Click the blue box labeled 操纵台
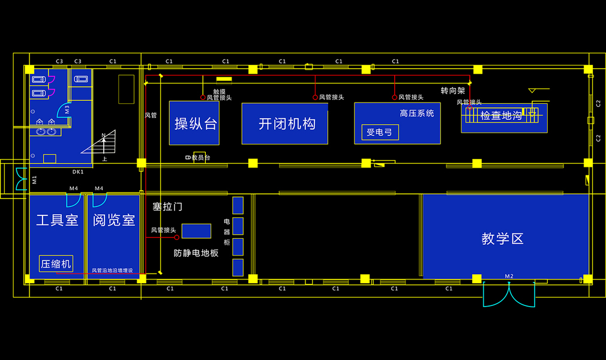click(x=194, y=124)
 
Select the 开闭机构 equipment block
click(x=285, y=124)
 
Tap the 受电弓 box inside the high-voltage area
click(x=379, y=132)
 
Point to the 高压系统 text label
click(x=416, y=113)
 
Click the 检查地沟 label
click(x=500, y=116)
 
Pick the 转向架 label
click(x=453, y=91)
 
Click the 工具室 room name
click(x=57, y=220)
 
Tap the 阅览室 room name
click(x=113, y=220)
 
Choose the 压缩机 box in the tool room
click(x=56, y=263)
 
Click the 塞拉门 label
click(x=167, y=207)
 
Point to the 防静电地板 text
click(x=196, y=253)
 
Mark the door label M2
click(x=509, y=277)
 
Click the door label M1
click(x=34, y=179)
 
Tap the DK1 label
click(x=78, y=172)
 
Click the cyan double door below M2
click(x=509, y=295)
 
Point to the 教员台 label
click(x=200, y=158)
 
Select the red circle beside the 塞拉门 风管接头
click(x=177, y=237)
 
